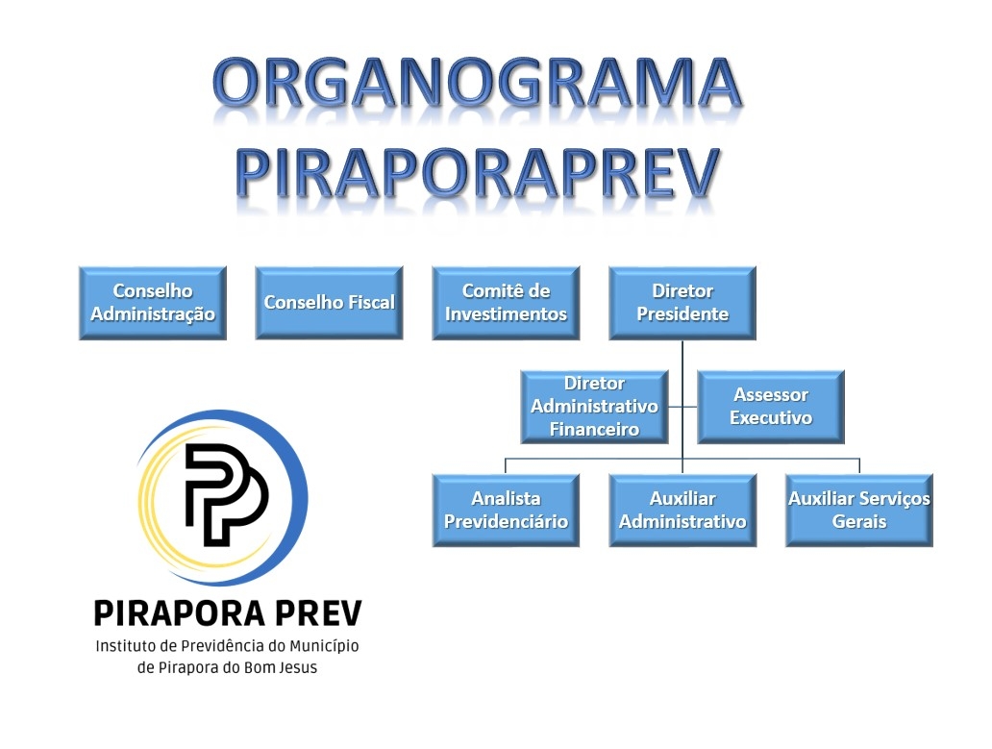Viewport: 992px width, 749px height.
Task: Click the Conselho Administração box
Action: (x=153, y=303)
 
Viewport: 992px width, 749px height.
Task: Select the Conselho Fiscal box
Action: (x=329, y=303)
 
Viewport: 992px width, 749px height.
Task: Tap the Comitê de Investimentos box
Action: (x=506, y=303)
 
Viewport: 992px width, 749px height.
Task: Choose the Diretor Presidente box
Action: (x=682, y=303)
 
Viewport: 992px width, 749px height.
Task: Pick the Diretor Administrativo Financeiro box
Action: (x=594, y=407)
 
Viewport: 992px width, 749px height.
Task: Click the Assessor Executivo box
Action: (x=771, y=407)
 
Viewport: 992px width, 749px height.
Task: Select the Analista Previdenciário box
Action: (x=506, y=510)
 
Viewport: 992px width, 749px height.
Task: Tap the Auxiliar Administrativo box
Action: (x=682, y=510)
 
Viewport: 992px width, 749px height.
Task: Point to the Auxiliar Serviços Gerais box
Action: (x=859, y=510)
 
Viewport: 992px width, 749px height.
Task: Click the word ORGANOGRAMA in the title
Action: (x=477, y=83)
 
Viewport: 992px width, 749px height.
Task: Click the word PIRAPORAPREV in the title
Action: (x=478, y=172)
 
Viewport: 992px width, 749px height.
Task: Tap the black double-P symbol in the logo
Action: (x=226, y=494)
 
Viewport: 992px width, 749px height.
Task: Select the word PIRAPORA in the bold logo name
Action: (x=179, y=613)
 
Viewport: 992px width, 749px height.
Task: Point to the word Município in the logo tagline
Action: (x=324, y=646)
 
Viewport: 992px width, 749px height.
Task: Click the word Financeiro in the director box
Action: (x=594, y=430)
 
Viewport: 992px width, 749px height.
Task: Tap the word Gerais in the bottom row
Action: (x=859, y=521)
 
